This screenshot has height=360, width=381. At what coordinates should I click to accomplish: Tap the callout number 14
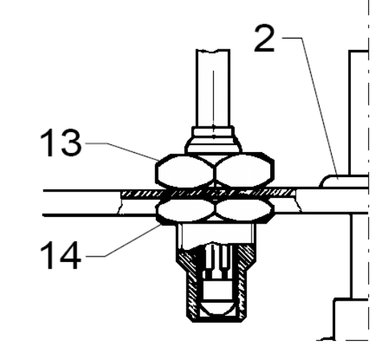click(x=60, y=255)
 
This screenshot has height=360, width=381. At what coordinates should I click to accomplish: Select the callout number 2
click(x=264, y=39)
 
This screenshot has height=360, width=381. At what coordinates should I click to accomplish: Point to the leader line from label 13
click(x=122, y=151)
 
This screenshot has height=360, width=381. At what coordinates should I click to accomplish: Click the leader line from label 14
click(x=123, y=241)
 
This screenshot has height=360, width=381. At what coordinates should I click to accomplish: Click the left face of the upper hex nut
click(x=184, y=171)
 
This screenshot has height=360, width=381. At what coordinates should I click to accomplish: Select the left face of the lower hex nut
click(x=186, y=210)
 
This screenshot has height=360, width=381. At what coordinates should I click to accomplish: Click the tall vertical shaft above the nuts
click(x=213, y=88)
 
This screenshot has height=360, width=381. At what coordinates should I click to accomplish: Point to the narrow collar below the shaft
click(x=213, y=133)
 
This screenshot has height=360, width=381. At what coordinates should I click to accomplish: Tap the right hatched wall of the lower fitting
click(x=244, y=279)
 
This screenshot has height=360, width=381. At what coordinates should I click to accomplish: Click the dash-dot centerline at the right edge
click(x=369, y=170)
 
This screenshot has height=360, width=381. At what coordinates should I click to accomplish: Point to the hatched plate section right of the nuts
click(x=267, y=193)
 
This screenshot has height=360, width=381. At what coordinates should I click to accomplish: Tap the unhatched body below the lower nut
click(x=217, y=234)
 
